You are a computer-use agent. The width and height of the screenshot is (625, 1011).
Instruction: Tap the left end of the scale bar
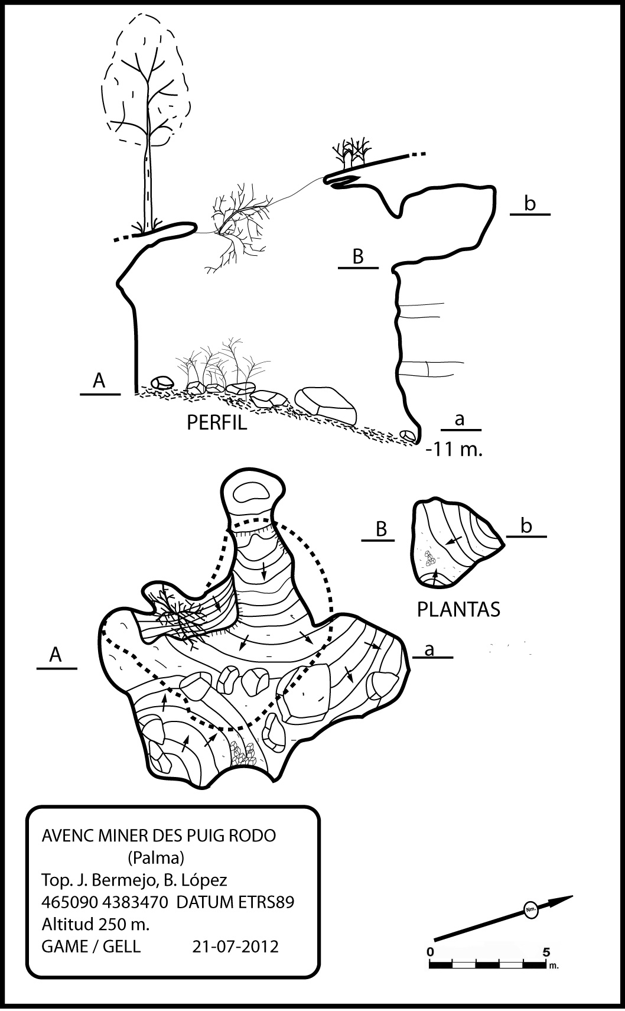tap(429, 964)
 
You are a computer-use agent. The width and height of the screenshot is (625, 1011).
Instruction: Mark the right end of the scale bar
tap(546, 964)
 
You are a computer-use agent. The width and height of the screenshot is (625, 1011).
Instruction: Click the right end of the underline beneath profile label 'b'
tap(550, 214)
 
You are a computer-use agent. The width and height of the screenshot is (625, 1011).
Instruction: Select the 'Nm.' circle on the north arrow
tap(530, 909)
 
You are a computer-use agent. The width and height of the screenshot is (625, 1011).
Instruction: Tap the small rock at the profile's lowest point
tap(408, 435)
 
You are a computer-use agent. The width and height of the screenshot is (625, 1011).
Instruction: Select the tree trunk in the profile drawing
tap(148, 181)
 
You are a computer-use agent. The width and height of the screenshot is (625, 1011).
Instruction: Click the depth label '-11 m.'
tap(454, 450)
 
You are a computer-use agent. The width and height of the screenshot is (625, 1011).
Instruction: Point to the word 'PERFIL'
tap(217, 422)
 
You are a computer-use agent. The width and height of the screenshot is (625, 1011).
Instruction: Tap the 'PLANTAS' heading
tap(458, 610)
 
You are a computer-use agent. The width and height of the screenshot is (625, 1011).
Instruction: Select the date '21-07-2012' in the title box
tap(236, 947)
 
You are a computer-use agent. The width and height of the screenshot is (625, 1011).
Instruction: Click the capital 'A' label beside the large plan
tap(56, 654)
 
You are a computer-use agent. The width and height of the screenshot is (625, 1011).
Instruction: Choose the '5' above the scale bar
tap(546, 952)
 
